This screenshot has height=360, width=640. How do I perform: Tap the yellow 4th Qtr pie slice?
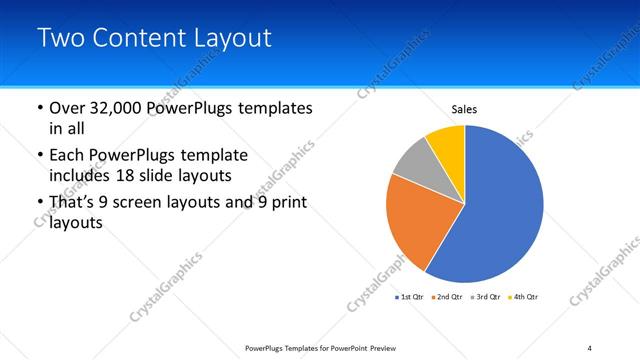(x=447, y=145)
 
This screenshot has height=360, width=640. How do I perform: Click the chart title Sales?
(x=464, y=108)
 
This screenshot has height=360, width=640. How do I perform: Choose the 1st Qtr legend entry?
(x=410, y=297)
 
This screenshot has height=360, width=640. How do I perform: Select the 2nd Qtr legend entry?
(x=445, y=297)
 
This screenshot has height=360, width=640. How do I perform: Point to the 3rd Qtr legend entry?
(x=485, y=297)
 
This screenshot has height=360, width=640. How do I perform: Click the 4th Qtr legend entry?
(x=523, y=297)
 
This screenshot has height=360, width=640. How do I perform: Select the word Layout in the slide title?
(x=234, y=39)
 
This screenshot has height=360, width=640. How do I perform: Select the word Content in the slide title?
(x=141, y=39)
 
